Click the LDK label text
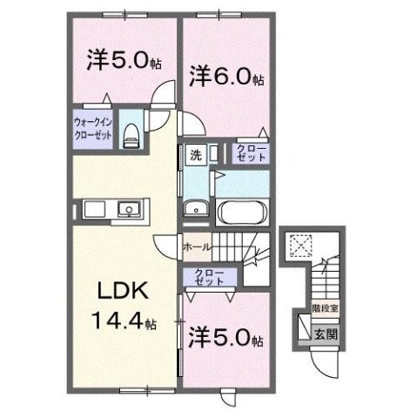tap(124, 290)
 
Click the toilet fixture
tap(131, 136)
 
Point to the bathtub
tap(243, 212)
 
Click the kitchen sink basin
tap(129, 209)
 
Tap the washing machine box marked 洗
tap(196, 155)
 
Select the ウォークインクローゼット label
tap(93, 129)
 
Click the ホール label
tap(197, 247)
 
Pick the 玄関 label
tap(326, 334)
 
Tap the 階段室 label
tap(325, 308)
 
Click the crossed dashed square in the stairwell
tap(301, 246)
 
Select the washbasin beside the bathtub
tap(196, 208)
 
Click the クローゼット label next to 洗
tap(252, 153)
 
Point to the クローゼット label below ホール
tap(210, 277)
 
